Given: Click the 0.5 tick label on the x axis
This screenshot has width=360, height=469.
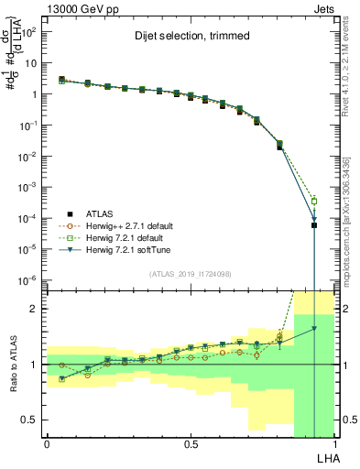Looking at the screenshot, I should [x=191, y=443].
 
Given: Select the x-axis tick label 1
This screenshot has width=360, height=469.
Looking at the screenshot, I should [x=334, y=443].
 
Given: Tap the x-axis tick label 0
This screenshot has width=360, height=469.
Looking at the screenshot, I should [x=47, y=443].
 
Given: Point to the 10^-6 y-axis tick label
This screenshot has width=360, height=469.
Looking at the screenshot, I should [x=28, y=279].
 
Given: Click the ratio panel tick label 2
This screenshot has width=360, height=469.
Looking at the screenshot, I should [x=36, y=309].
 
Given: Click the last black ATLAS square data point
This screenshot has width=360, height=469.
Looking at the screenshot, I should [x=313, y=225].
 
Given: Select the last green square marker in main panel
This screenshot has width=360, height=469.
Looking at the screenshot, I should [x=313, y=202].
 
